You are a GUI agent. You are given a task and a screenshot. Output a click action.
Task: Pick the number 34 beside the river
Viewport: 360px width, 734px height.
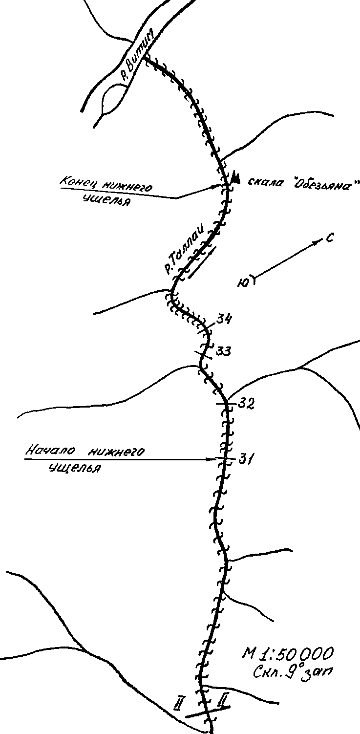(224, 320)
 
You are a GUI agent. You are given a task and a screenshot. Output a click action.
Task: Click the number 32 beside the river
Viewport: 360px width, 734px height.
(247, 405)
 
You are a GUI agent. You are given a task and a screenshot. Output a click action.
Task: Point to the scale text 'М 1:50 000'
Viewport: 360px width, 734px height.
(289, 653)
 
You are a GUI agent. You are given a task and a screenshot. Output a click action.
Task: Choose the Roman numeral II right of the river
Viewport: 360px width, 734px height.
(223, 701)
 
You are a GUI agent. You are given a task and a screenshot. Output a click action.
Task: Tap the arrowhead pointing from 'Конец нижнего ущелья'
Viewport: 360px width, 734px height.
(220, 186)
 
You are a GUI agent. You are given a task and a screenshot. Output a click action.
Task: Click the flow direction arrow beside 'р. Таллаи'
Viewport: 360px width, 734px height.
(200, 261)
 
